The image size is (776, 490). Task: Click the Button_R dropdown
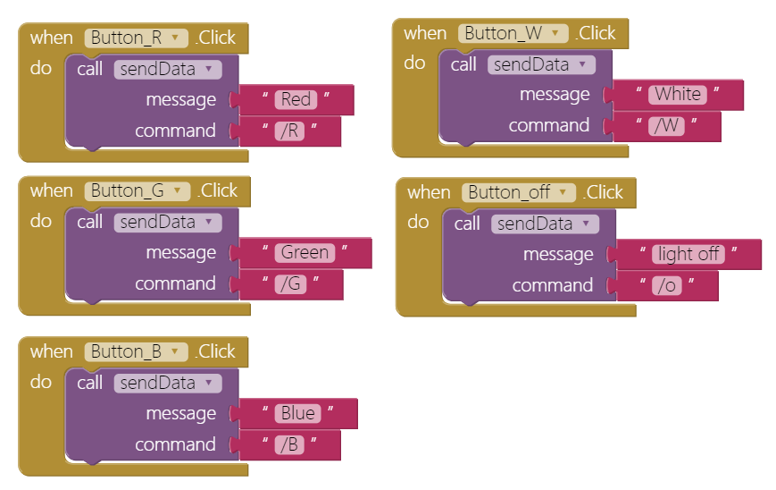pos(136,38)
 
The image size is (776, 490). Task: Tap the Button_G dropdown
pos(138,191)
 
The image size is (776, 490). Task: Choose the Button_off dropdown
pos(519,193)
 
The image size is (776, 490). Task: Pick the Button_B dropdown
pos(136,352)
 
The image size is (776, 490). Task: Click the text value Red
pos(296,99)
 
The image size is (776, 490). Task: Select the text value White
pos(678,95)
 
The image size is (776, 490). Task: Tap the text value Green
pos(305,253)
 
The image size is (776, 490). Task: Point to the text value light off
pos(688,255)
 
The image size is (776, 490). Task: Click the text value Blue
pos(298,414)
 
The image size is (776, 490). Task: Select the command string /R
pos(289,131)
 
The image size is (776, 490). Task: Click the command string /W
pos(667,126)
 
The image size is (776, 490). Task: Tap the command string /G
pos(290,284)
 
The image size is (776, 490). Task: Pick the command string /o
pos(667,286)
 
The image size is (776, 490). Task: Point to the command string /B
pos(289,445)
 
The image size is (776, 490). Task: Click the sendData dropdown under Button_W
pos(541,65)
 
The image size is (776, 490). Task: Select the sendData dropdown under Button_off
pos(545,224)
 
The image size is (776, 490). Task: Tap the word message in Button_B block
pos(181,414)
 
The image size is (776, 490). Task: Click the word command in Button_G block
pos(175,283)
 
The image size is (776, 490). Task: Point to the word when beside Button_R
pos(52,38)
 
